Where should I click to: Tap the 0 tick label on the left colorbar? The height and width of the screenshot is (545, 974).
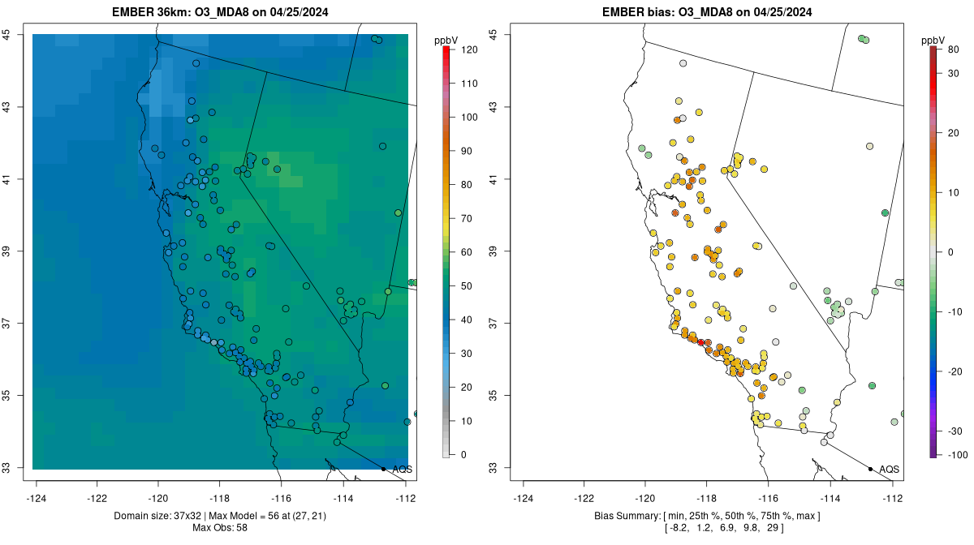(463, 454)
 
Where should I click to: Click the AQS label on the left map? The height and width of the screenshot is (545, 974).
(402, 470)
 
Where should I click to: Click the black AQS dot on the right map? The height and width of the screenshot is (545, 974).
(870, 469)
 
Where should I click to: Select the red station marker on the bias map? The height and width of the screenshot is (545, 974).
(701, 343)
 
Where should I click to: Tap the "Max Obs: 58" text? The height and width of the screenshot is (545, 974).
(221, 528)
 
